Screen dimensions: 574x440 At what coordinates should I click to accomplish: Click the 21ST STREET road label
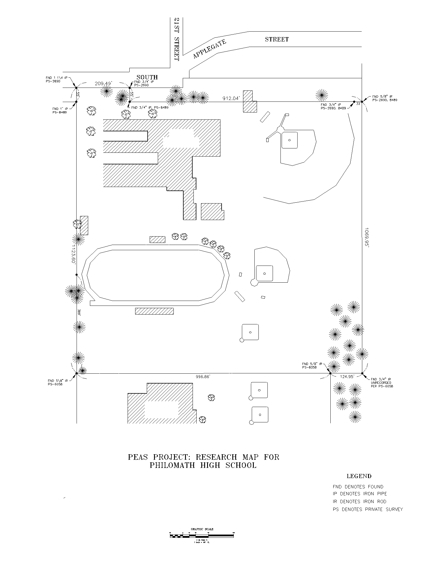[177, 39]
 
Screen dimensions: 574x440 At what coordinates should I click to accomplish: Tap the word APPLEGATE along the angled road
[209, 49]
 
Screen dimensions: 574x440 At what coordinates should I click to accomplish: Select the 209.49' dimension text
[103, 83]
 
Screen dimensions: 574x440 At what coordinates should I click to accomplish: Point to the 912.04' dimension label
[231, 99]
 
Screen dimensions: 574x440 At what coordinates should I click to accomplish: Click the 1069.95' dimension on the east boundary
[367, 237]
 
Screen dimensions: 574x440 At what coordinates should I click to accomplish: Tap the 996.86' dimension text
[203, 377]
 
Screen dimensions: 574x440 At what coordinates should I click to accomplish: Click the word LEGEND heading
[359, 476]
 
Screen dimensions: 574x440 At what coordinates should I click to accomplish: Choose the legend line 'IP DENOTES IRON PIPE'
[360, 494]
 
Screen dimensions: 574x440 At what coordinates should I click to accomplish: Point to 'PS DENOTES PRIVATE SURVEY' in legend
[367, 509]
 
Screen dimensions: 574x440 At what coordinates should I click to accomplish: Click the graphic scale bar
[202, 536]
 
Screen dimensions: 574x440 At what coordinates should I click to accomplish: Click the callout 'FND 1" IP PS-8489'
[60, 110]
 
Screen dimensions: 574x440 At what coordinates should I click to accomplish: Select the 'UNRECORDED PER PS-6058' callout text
[382, 384]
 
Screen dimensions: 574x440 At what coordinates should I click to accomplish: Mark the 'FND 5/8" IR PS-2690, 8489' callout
[385, 98]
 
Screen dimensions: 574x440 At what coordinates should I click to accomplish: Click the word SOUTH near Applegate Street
[147, 77]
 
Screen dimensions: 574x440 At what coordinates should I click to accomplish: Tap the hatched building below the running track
[154, 311]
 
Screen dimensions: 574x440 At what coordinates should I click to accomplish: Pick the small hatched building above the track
[157, 239]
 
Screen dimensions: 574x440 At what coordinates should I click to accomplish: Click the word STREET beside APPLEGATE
[277, 39]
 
